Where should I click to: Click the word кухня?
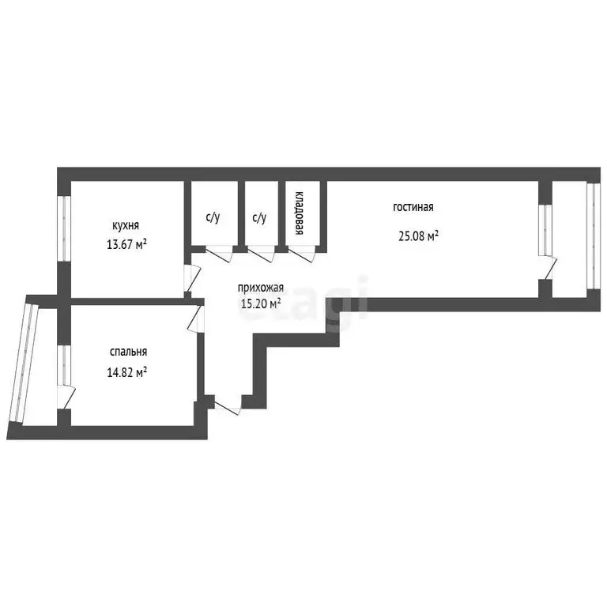tap(126, 226)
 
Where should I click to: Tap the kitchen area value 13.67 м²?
tap(126, 245)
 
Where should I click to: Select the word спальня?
tap(129, 352)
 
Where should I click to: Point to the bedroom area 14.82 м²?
tap(126, 372)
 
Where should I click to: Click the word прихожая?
tap(261, 288)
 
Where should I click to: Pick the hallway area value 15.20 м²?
tap(261, 303)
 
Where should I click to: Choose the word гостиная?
tap(413, 208)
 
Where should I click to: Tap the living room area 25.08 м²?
tap(418, 236)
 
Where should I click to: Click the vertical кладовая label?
tap(300, 213)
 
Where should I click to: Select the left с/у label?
tap(213, 218)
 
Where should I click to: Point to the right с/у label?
tap(259, 218)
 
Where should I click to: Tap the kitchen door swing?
tap(192, 277)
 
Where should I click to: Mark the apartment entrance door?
tap(228, 405)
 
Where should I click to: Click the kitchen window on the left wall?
tap(64, 228)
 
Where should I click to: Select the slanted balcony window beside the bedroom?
tap(23, 363)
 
